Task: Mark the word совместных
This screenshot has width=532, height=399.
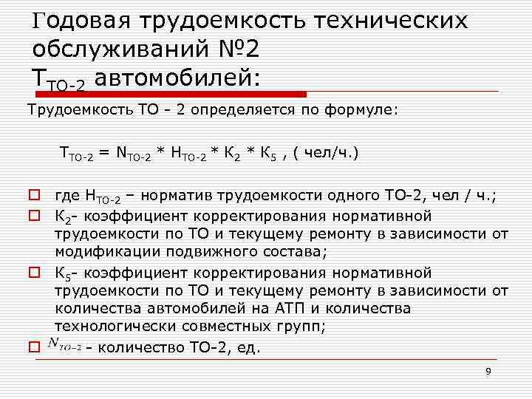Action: [x=222, y=327]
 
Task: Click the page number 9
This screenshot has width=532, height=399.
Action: [x=488, y=371]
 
